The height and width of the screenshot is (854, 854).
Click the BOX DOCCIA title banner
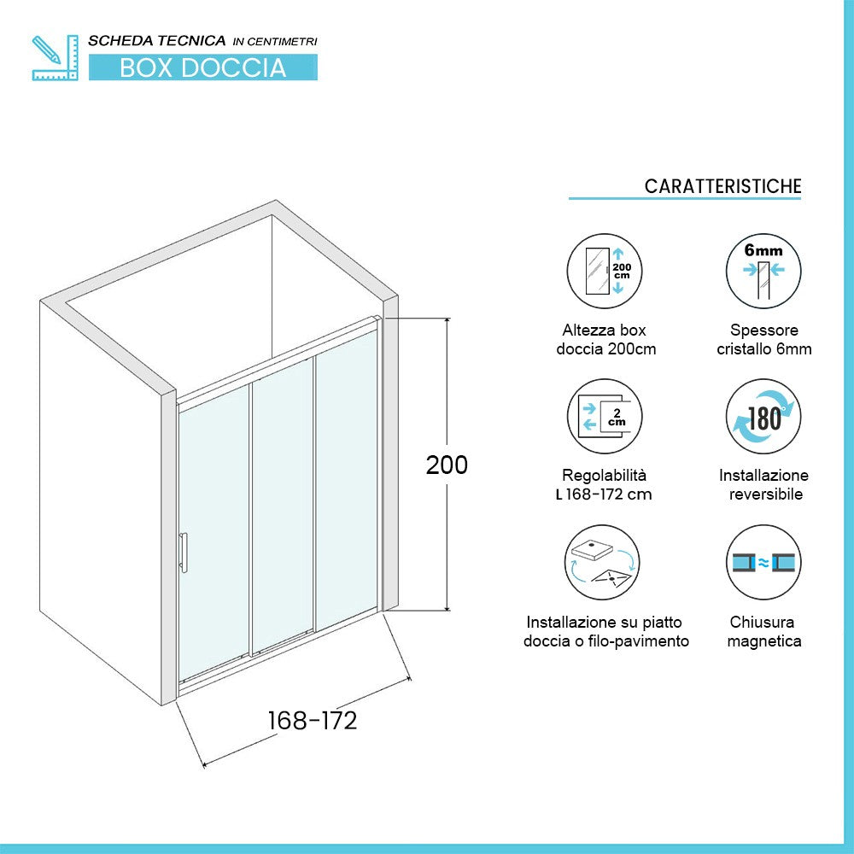[202, 67]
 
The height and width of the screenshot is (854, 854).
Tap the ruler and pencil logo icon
[54, 58]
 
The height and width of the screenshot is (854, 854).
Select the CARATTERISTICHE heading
[722, 186]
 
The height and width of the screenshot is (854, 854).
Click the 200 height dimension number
[447, 465]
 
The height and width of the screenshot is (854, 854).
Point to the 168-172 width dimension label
[313, 721]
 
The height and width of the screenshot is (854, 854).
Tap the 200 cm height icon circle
[605, 272]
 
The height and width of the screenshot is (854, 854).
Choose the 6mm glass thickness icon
[763, 272]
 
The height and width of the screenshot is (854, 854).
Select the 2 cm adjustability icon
[605, 417]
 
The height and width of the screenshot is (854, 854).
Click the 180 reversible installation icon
[763, 417]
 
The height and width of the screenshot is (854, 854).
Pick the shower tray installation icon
[605, 562]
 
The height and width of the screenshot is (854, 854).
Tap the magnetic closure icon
[763, 562]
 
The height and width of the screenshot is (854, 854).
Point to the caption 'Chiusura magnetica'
[763, 632]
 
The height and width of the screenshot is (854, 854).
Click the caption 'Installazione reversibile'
[763, 484]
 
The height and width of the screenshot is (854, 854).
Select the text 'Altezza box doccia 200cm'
[605, 339]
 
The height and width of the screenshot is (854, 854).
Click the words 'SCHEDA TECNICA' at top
[157, 40]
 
